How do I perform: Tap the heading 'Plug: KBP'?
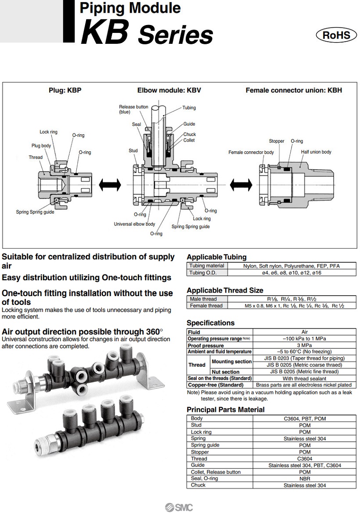65,90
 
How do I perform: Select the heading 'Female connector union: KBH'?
293,90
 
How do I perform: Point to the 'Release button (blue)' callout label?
133,109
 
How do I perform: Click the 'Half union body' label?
316,152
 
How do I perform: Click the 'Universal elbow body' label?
134,224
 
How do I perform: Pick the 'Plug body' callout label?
41,146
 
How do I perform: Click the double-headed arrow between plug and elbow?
110,185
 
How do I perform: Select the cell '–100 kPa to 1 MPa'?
304,339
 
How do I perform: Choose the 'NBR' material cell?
304,479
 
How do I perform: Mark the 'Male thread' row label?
203,299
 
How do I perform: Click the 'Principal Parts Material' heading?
226,409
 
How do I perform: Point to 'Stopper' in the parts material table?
200,452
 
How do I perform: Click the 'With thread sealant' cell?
304,378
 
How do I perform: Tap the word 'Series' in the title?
175,35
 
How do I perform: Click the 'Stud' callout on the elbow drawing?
133,150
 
